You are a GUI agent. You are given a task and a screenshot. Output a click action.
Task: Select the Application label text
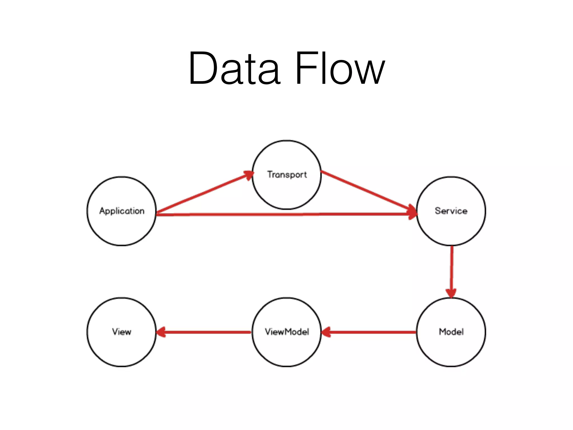122,211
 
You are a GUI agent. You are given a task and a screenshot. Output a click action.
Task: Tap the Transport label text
287,174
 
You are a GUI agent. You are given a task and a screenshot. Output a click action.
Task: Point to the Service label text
451,211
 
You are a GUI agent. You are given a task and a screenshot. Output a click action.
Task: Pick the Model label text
451,332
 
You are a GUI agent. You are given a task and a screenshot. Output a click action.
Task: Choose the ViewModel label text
287,332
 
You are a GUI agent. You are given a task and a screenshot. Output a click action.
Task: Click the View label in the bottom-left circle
122,332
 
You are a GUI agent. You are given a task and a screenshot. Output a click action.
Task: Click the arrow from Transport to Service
367,191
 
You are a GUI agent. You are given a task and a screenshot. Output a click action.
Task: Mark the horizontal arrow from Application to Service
280,214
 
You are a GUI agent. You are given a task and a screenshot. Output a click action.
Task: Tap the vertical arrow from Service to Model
452,269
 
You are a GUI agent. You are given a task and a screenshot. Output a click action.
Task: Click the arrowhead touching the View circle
161,332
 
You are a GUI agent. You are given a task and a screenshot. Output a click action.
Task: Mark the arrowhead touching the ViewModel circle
326,332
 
